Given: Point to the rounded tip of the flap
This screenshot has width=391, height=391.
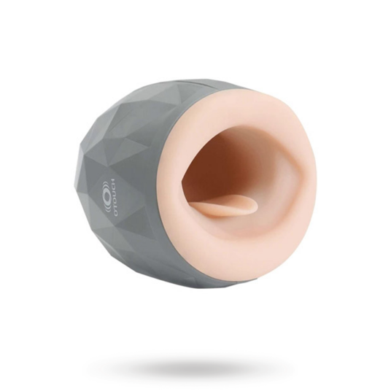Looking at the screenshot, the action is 255,207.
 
